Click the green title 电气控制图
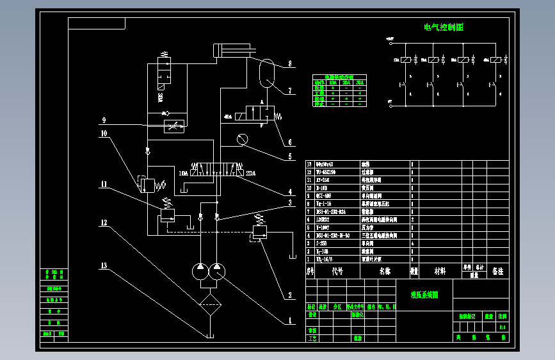click(443, 28)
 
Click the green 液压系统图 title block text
click(424, 295)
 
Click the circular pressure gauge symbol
click(241, 139)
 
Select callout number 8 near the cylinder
click(289, 64)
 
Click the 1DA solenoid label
click(184, 173)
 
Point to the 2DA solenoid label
click(250, 173)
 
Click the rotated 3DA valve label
click(159, 97)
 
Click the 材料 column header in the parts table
click(440, 271)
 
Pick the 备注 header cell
click(497, 271)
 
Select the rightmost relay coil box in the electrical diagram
click(496, 60)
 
